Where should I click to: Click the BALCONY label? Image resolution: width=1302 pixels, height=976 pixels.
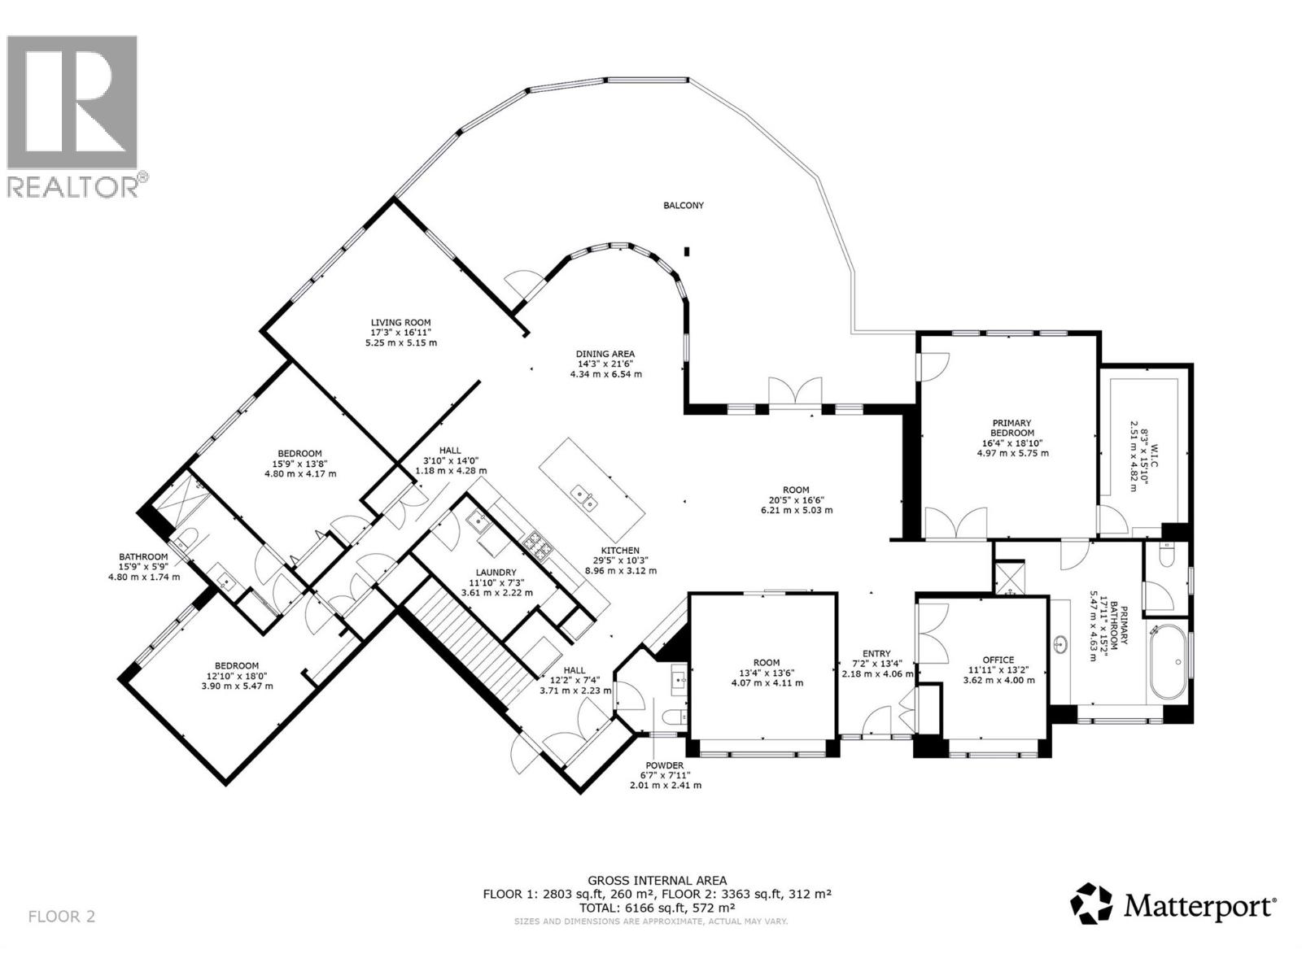pyautogui.click(x=683, y=206)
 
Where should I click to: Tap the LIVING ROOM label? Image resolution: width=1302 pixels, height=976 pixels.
pyautogui.click(x=400, y=322)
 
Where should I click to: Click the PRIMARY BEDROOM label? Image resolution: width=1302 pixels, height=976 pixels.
pyautogui.click(x=1011, y=428)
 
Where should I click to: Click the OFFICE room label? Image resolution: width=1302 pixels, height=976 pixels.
pyautogui.click(x=998, y=660)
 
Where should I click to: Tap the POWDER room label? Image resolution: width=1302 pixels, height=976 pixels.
pyautogui.click(x=665, y=765)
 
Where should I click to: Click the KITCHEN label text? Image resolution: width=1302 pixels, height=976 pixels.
pyautogui.click(x=620, y=551)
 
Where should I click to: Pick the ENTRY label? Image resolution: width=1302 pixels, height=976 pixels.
pyautogui.click(x=876, y=653)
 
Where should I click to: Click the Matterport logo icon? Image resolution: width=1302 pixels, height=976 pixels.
pyautogui.click(x=1090, y=904)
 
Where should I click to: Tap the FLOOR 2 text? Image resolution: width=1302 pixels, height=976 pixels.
pyautogui.click(x=62, y=917)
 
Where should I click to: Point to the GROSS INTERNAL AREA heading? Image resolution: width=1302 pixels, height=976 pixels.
pyautogui.click(x=657, y=880)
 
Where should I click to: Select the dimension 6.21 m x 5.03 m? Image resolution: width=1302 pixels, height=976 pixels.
pyautogui.click(x=791, y=511)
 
